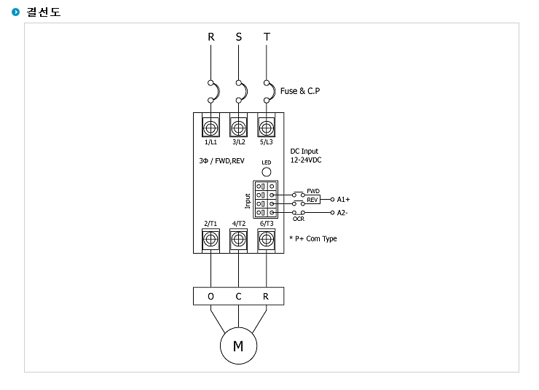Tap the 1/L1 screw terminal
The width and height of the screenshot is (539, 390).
tap(211, 128)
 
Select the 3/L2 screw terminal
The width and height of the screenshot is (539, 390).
tap(239, 128)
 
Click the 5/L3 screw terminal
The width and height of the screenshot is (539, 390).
tap(267, 128)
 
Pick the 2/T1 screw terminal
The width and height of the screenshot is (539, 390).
tap(211, 239)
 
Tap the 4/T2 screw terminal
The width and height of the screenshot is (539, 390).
tap(239, 239)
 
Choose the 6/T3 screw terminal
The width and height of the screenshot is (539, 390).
tap(267, 239)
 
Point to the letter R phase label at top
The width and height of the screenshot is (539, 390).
tap(211, 36)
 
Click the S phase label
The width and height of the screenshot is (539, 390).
tap(239, 36)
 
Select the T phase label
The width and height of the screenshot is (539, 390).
tap(267, 36)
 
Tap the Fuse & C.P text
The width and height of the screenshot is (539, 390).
tap(300, 91)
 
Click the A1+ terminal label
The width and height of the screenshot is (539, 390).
tap(343, 200)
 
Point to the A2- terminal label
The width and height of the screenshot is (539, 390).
tap(342, 213)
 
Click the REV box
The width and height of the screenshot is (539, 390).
tap(312, 200)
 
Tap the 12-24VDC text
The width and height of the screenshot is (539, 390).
tap(306, 160)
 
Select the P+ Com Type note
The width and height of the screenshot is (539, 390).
tap(313, 238)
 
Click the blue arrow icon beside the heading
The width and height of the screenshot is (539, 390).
tap(15, 12)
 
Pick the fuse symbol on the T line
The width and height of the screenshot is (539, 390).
tap(272, 91)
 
